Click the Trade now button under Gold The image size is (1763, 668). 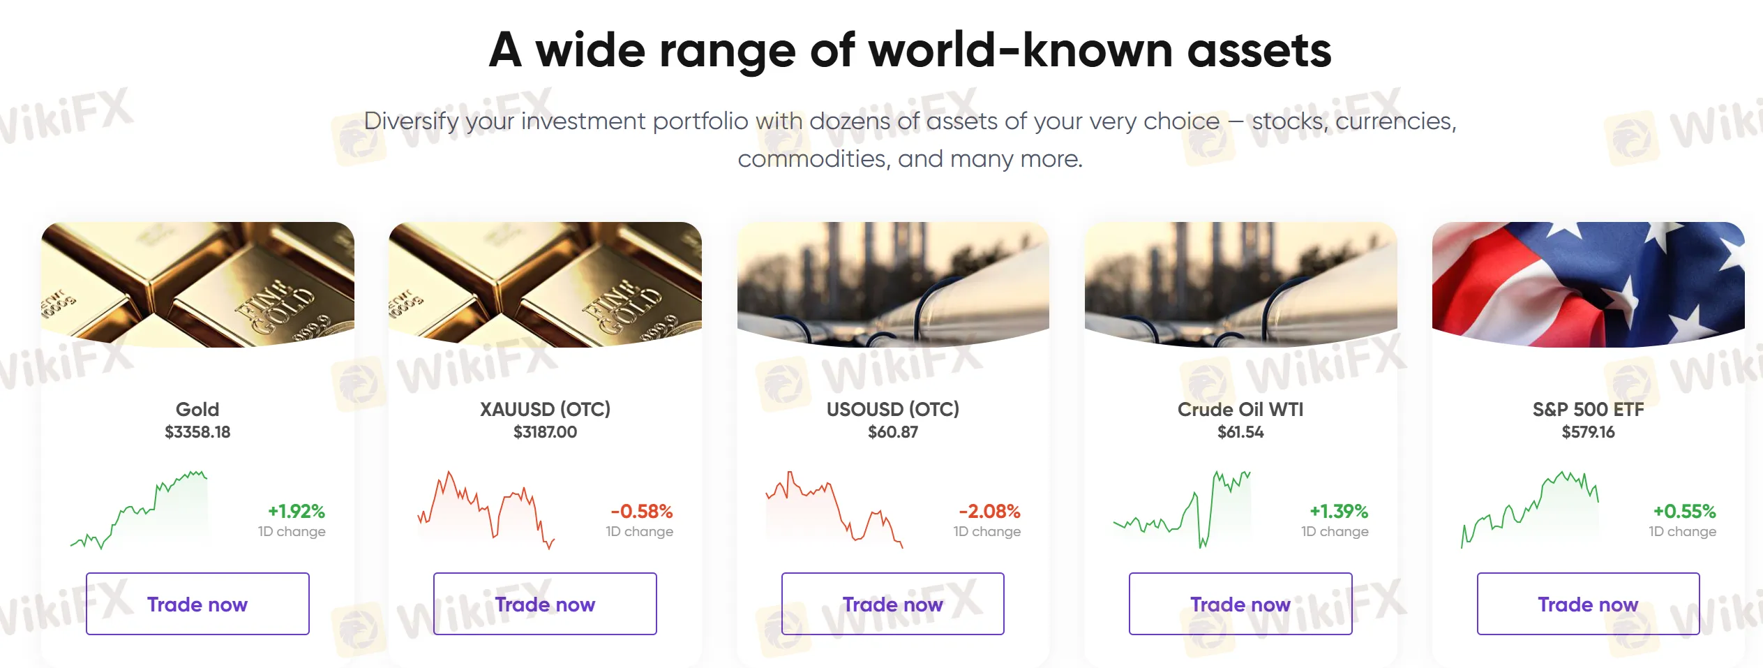(x=197, y=604)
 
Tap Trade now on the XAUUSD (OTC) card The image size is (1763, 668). (x=545, y=604)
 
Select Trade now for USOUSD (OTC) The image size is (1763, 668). (x=892, y=604)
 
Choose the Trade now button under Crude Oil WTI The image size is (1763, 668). (x=1240, y=604)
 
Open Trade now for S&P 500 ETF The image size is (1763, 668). (x=1588, y=604)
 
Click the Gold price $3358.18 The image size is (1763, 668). (x=197, y=432)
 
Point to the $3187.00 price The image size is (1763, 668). (x=545, y=432)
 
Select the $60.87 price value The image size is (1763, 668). (x=893, y=432)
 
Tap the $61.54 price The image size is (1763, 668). (x=1240, y=432)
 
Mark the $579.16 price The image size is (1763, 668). (x=1588, y=432)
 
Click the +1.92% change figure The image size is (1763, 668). (x=297, y=512)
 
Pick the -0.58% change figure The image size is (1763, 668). (x=642, y=512)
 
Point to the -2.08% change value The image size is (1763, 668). (x=989, y=512)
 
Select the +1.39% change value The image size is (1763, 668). (x=1339, y=512)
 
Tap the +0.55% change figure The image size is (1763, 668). (x=1684, y=512)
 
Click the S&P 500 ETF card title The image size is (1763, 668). (x=1588, y=409)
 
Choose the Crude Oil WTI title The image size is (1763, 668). (x=1240, y=409)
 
